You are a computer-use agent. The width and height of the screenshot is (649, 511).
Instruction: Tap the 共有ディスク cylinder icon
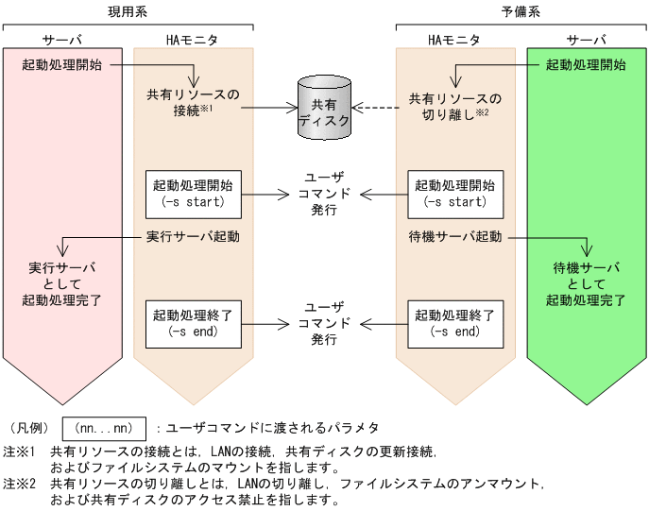pyautogui.click(x=323, y=108)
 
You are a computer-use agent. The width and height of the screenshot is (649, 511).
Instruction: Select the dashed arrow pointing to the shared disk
pyautogui.click(x=375, y=108)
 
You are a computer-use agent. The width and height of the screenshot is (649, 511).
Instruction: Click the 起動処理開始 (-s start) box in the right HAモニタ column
pyautogui.click(x=454, y=193)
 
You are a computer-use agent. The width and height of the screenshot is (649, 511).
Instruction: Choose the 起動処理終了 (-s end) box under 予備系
pyautogui.click(x=454, y=322)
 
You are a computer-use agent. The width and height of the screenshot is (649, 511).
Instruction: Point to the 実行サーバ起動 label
pyautogui.click(x=193, y=236)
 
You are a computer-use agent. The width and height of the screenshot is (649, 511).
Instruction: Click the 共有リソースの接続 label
pyautogui.click(x=193, y=104)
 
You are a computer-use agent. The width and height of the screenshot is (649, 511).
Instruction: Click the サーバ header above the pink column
pyautogui.click(x=62, y=41)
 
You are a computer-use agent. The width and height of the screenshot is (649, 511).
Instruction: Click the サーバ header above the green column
pyautogui.click(x=586, y=41)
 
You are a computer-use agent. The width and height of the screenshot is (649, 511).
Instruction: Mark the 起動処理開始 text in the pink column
pyautogui.click(x=61, y=66)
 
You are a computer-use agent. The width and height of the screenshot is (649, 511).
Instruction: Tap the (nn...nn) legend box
pyautogui.click(x=104, y=428)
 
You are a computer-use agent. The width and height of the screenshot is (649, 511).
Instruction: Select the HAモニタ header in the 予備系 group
pyautogui.click(x=454, y=41)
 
